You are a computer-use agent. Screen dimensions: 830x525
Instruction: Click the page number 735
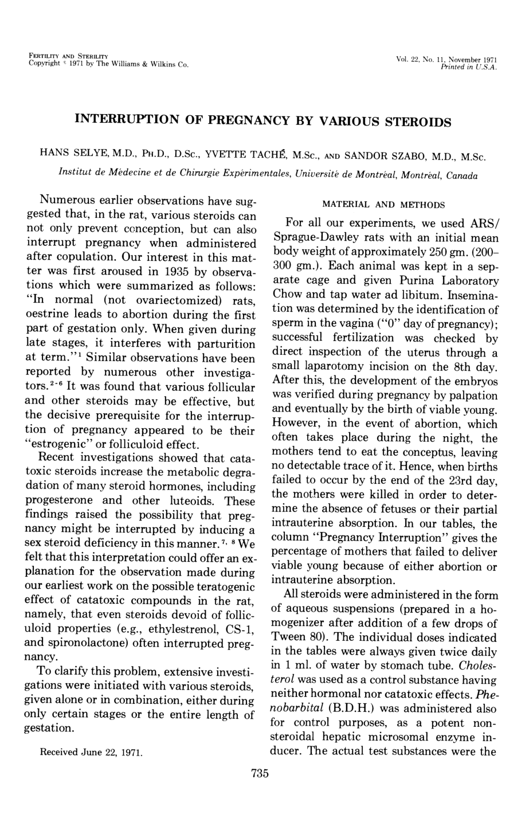coord(260,773)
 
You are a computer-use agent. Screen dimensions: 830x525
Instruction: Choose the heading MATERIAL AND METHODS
coord(383,204)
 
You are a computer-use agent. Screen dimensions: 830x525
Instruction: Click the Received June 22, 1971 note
coord(90,751)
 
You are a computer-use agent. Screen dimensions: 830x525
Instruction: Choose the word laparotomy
coord(342,366)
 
